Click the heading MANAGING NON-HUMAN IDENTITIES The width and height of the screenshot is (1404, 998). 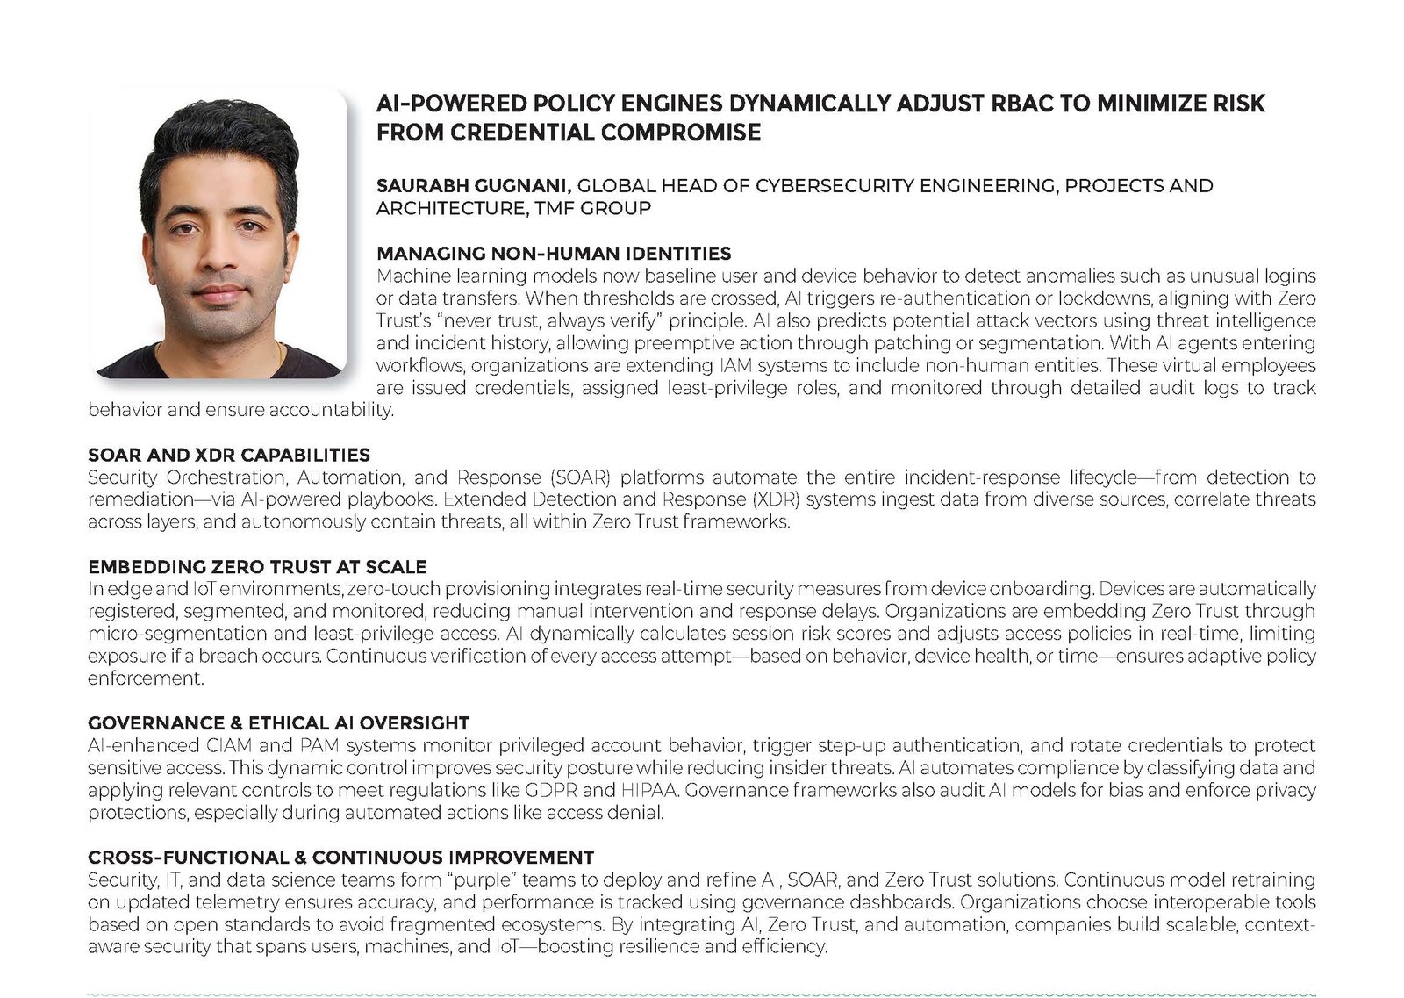(554, 254)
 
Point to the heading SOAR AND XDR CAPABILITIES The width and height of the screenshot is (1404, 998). (229, 455)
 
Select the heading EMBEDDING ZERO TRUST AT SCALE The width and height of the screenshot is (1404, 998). (257, 567)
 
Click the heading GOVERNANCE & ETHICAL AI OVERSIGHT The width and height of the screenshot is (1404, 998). (278, 723)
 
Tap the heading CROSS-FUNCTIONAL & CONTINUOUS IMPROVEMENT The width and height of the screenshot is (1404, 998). (340, 858)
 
